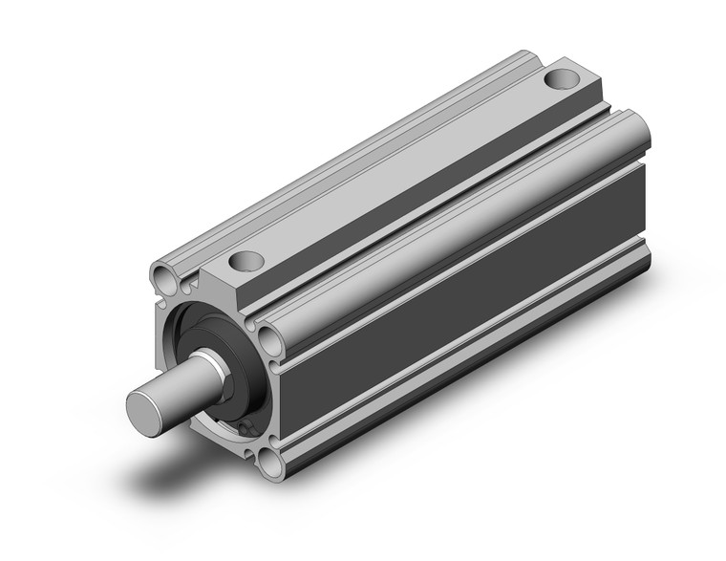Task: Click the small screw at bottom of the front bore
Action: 247,431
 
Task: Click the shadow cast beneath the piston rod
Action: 191,459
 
